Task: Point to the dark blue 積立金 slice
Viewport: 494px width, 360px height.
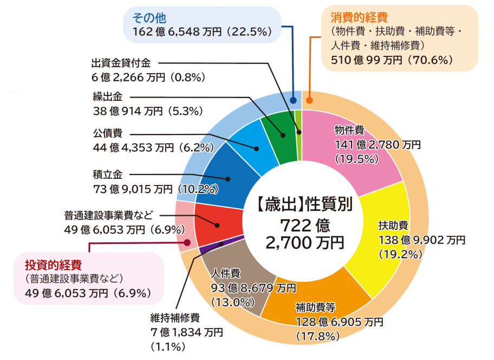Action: [x=227, y=173]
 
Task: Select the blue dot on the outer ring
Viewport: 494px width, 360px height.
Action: [x=293, y=100]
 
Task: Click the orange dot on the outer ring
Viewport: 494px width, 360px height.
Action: [x=309, y=100]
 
